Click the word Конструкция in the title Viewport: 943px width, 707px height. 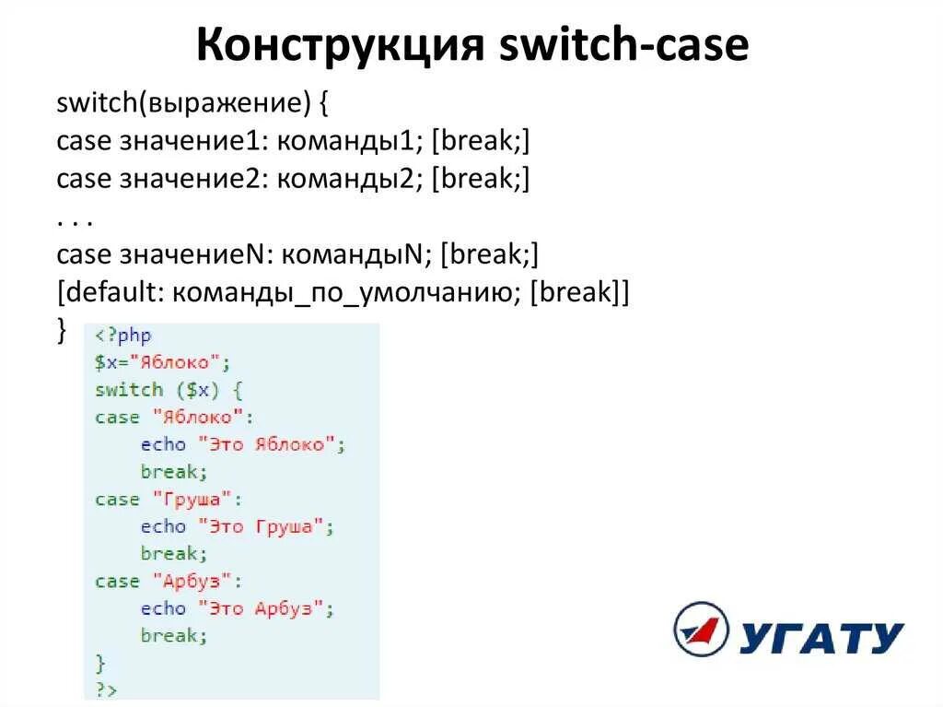coord(340,46)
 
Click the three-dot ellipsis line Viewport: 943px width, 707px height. coord(76,218)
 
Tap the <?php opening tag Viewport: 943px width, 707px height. coord(122,336)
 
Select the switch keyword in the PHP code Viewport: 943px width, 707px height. coord(128,389)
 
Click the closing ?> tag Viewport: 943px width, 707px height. coord(106,689)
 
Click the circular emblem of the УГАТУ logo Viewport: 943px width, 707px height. coord(702,630)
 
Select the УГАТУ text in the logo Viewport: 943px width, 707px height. coord(821,636)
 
